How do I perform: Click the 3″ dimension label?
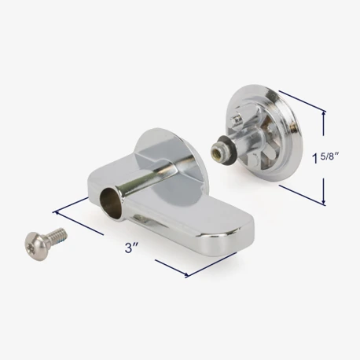pos(131,248)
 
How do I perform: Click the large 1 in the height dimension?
pos(315,159)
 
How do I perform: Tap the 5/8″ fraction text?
pos(329,156)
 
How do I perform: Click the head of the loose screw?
pos(36,246)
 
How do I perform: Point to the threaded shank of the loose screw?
pos(58,235)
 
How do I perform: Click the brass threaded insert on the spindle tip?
pos(217,151)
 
